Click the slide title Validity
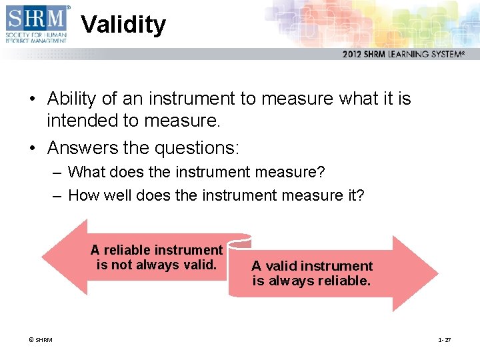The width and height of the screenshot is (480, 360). pos(123,25)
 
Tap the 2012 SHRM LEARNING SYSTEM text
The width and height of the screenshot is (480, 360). pos(403,55)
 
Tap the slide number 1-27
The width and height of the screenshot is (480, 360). pos(444,340)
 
